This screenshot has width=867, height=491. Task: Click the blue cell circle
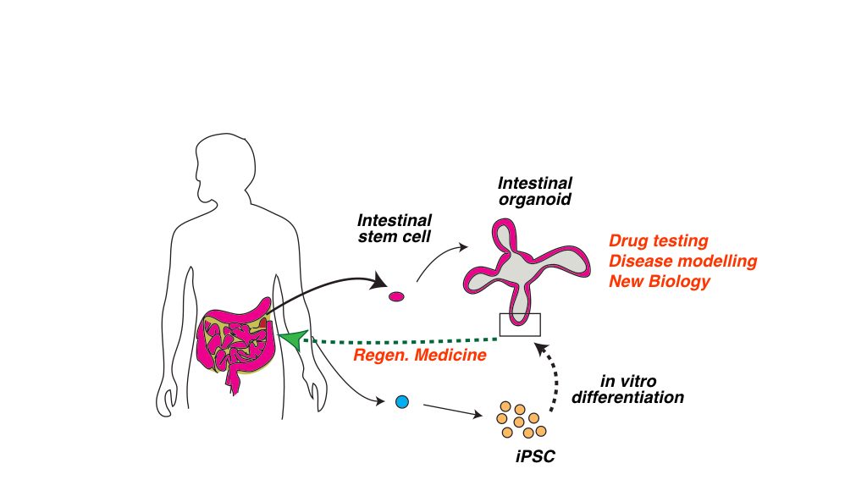coord(402,402)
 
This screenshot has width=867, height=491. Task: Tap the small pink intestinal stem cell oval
coord(396,296)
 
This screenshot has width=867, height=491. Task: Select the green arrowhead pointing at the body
coord(293,339)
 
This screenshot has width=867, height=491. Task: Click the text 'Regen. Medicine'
coord(420,355)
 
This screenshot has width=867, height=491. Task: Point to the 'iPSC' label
coord(535,457)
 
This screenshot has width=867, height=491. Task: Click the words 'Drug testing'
coord(658,241)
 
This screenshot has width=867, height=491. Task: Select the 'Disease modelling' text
coord(683,261)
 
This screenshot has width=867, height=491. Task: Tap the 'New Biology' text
coord(659,281)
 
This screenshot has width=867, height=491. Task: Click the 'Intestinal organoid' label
coord(535,190)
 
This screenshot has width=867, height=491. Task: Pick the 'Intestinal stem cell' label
coord(395,229)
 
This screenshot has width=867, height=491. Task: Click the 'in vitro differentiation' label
coord(627,389)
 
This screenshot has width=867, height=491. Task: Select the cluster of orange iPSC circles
coord(522,421)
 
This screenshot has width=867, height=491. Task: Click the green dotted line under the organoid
coord(405,340)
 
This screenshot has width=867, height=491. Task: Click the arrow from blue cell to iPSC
coord(452,411)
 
